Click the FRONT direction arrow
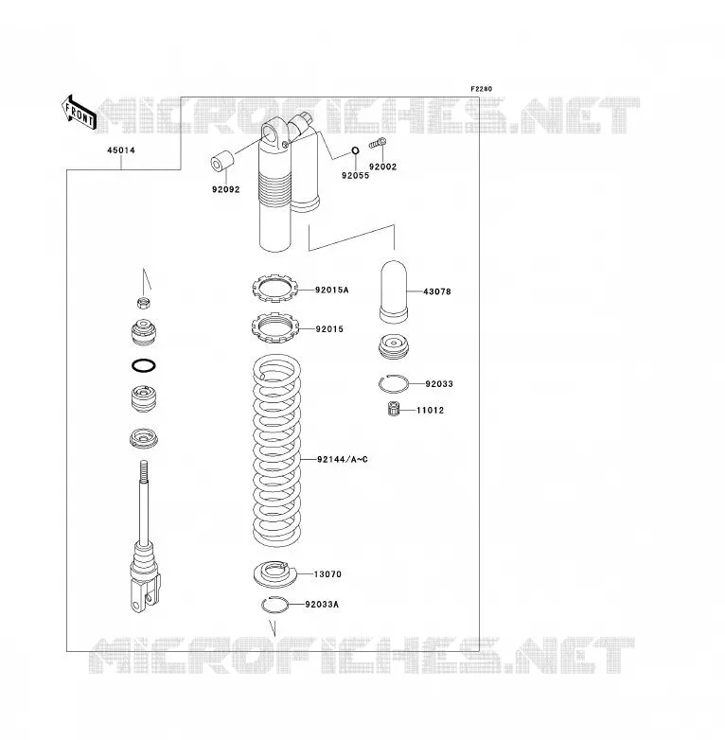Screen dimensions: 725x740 pos(79,114)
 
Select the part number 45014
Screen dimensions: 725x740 pos(121,150)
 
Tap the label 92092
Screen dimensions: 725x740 pos(225,189)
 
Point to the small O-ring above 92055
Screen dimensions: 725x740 pos(355,151)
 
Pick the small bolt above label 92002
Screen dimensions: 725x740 pos(378,143)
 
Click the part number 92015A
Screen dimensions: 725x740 pos(332,291)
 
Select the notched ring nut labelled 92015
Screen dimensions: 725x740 pos(275,327)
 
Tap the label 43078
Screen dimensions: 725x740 pos(437,291)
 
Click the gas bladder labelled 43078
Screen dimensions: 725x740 pos(393,291)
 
